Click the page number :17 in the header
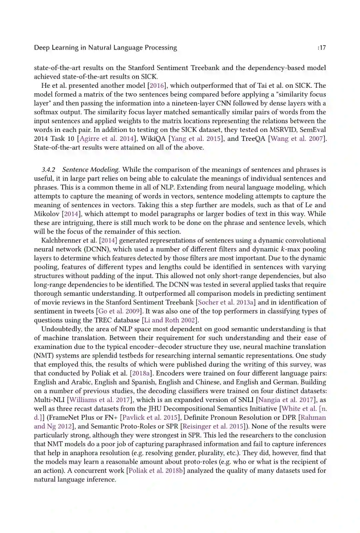pos(322,48)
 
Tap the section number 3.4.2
pos(48,170)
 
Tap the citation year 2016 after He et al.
pos(157,86)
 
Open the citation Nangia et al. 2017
pos(286,400)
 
